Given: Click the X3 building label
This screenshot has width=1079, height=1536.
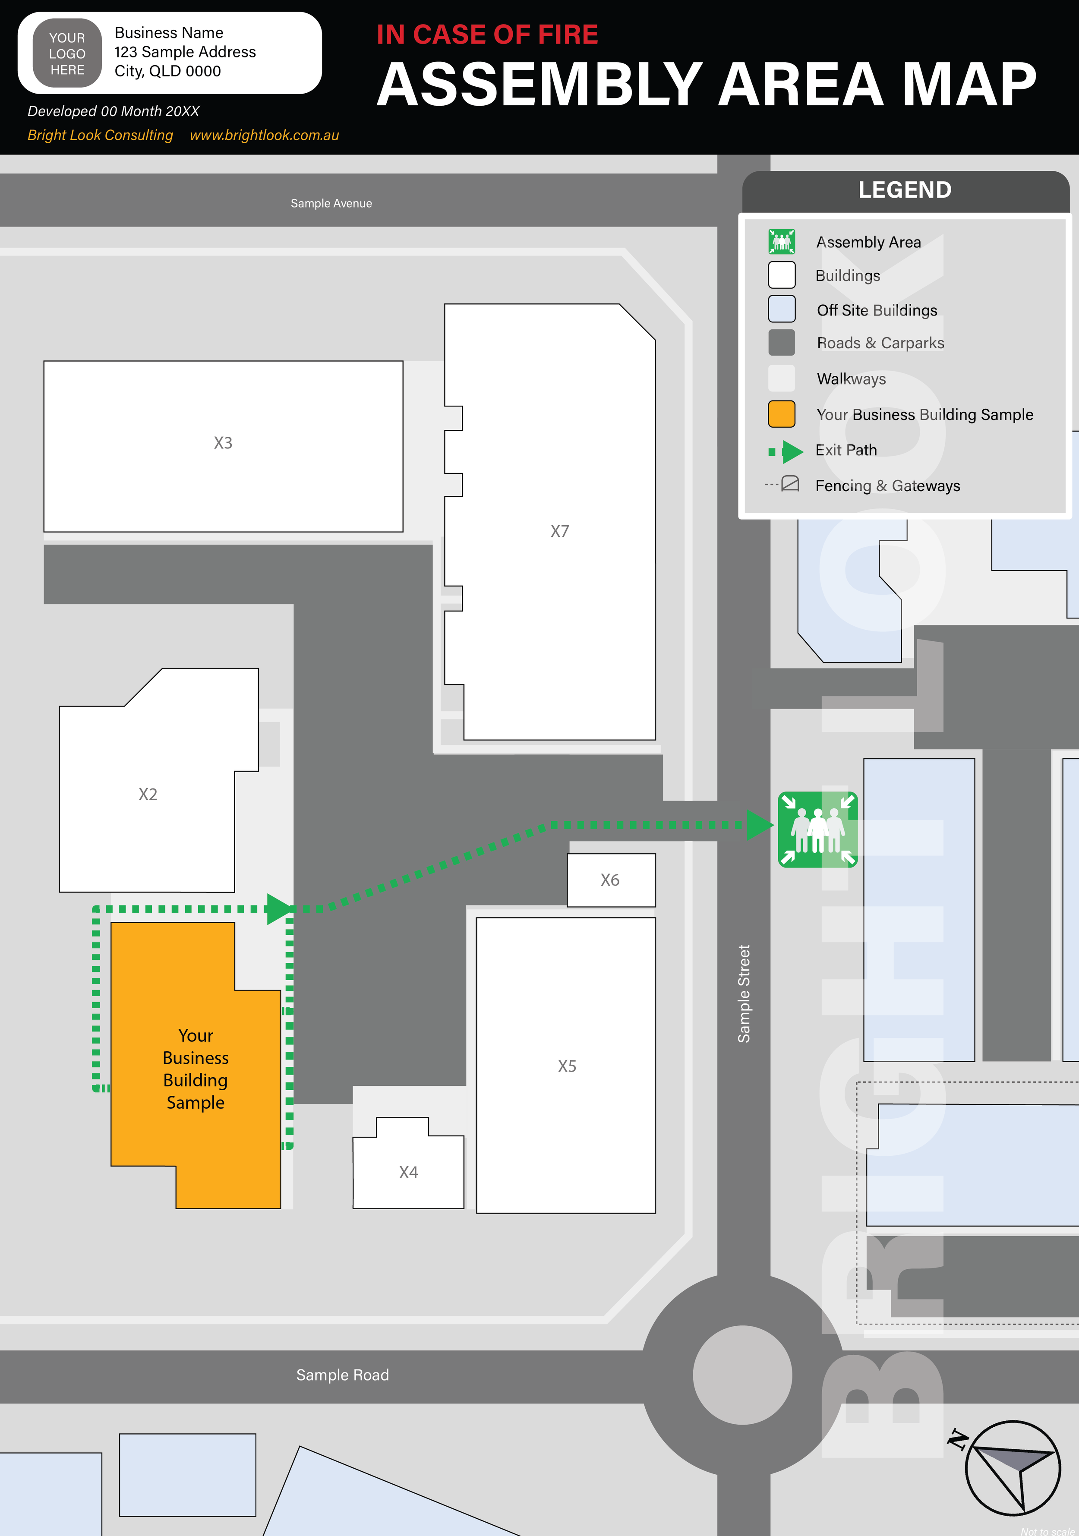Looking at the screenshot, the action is (223, 443).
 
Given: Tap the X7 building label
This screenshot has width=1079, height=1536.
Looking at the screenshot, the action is (559, 531).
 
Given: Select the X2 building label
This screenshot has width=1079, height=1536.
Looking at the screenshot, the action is (148, 794).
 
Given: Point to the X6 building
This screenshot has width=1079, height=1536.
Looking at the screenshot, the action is (611, 880).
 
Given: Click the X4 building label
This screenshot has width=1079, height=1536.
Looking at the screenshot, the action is (408, 1172).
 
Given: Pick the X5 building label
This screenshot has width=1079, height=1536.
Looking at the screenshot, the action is (567, 1066).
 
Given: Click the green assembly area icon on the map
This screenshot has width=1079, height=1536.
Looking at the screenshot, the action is (817, 830).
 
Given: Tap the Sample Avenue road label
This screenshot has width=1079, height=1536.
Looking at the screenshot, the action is (331, 203).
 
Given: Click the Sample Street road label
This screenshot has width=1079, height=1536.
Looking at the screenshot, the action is (744, 994).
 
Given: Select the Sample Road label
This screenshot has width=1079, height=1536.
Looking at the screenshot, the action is (343, 1375).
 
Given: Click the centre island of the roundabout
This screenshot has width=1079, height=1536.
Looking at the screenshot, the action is (742, 1375).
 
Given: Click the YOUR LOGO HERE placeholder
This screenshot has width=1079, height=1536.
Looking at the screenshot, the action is (67, 54).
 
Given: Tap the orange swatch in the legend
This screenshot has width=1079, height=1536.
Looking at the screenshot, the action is (781, 414).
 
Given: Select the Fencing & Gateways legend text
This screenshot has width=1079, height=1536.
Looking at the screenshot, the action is (887, 486).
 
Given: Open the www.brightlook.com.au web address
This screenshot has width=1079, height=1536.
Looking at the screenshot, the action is (264, 135).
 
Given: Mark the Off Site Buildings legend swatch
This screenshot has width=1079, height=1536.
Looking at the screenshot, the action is (781, 309).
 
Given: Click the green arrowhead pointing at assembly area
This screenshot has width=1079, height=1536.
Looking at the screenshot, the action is (759, 825).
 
